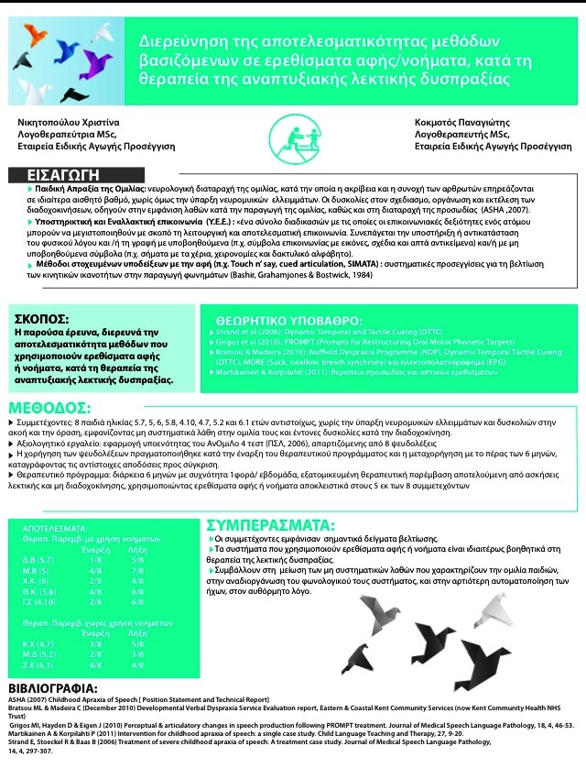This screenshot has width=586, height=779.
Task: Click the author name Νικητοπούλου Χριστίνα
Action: [61, 122]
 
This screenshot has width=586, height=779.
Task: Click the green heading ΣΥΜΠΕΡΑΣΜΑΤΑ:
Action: [269, 525]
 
